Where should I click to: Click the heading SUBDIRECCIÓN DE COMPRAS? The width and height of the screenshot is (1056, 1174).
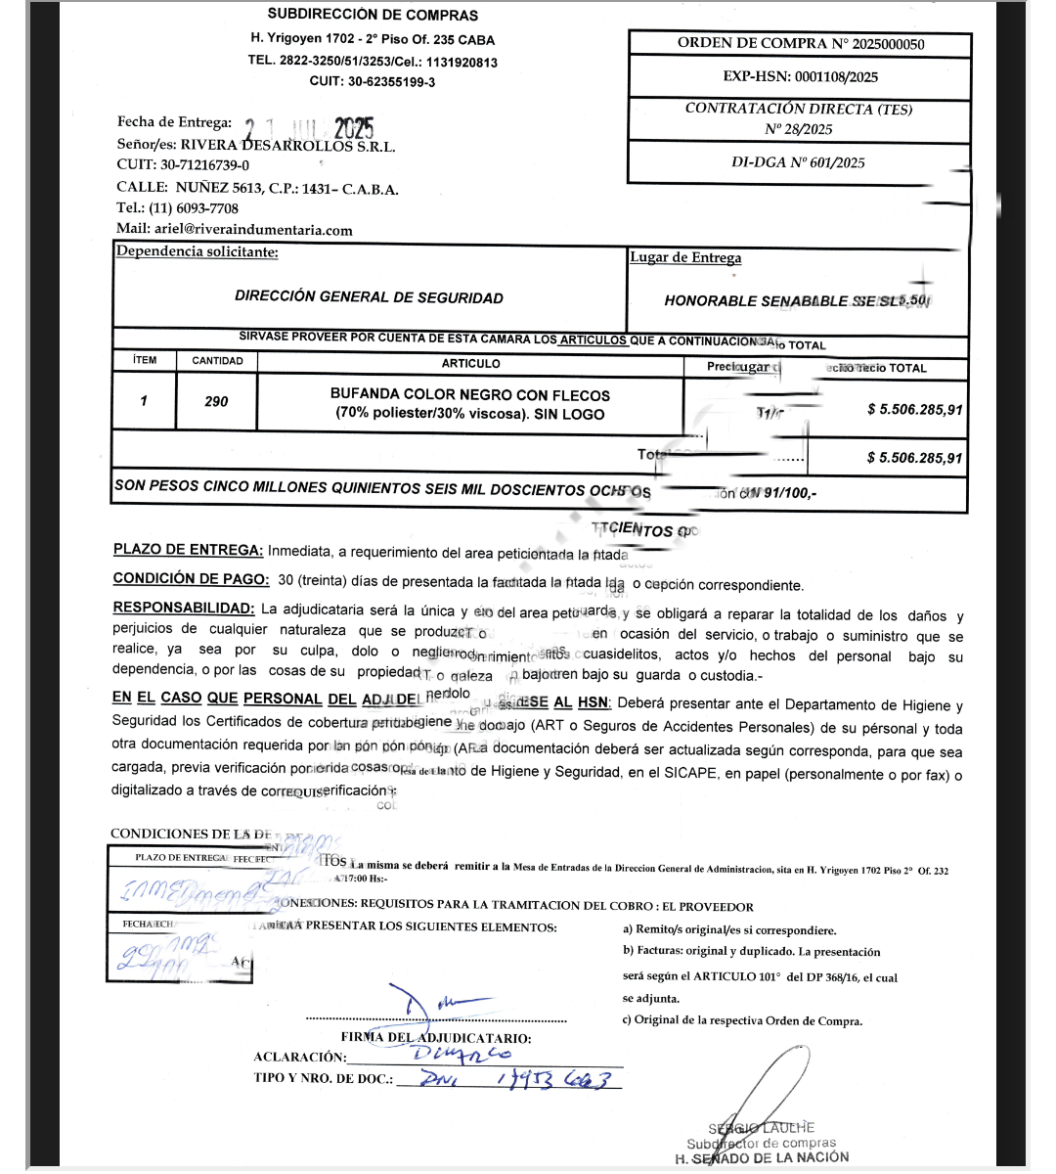point(373,15)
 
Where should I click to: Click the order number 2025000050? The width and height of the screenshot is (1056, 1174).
point(888,44)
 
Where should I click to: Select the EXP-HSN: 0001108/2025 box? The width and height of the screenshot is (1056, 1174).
point(800,76)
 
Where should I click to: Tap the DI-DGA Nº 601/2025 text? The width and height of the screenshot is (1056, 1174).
point(798,162)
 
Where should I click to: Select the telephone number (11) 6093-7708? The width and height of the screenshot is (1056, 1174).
point(194,208)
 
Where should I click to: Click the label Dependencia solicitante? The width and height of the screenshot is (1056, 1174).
point(197,252)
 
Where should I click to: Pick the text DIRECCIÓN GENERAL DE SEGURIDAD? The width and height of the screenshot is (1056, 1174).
point(369,297)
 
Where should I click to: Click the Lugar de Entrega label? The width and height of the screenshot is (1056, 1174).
point(684,257)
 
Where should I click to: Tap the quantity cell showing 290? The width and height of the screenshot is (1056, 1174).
point(216,401)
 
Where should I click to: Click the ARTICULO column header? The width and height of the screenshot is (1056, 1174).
point(470,363)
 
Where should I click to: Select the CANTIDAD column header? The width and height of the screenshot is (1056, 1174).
point(217,361)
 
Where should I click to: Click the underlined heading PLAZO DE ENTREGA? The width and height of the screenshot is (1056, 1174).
point(188,550)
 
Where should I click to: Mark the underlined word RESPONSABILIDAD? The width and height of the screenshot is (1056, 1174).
point(183,609)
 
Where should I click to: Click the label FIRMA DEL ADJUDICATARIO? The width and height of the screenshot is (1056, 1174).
point(436,1038)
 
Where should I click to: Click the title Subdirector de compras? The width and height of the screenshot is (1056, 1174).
point(761,1143)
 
